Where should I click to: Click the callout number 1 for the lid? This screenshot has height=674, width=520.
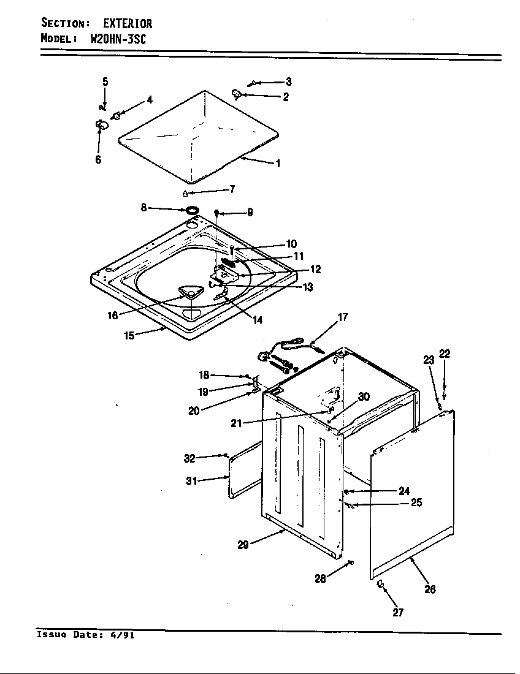pos(278,164)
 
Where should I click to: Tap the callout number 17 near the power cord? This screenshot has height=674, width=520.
pos(343,317)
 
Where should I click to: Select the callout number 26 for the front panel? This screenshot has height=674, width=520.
pos(430,589)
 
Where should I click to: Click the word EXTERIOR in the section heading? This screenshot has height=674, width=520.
pos(127,24)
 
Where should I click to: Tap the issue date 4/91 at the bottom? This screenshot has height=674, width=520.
pos(124,635)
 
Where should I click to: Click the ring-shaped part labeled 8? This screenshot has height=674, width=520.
pos(193,211)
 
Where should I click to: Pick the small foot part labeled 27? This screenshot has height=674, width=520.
pos(380,586)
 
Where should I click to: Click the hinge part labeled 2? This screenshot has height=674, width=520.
pos(237,94)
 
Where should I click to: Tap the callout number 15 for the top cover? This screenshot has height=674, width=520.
pos(129,336)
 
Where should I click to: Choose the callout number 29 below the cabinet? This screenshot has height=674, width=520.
pos(243,545)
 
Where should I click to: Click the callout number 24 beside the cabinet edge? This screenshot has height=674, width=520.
pos(403,491)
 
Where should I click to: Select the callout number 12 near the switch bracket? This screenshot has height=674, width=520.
pos(315,270)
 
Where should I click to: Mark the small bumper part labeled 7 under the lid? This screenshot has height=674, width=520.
pos(185,194)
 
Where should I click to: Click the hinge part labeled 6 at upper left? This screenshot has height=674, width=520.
pos(101,125)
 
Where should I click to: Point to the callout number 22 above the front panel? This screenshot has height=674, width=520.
pos(445,354)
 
